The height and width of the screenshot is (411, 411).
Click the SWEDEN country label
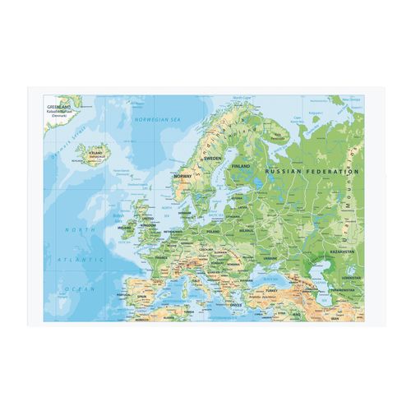coord(213,158)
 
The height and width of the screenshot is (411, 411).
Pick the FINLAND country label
coord(241,166)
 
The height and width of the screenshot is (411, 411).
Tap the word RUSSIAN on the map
coord(287,171)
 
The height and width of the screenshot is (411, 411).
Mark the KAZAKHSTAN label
coord(343,252)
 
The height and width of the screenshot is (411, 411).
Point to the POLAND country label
coord(215,232)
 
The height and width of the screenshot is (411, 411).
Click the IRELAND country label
coord(125,219)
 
